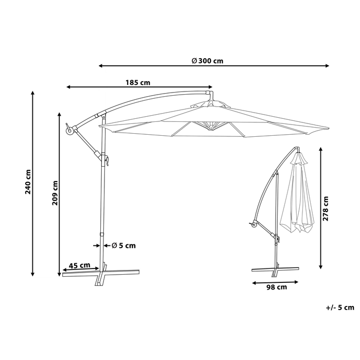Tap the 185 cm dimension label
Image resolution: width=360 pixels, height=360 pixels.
pyautogui.click(x=138, y=82)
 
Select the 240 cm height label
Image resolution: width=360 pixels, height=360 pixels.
pyautogui.click(x=28, y=182)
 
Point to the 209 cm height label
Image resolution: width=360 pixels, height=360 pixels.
pyautogui.click(x=55, y=193)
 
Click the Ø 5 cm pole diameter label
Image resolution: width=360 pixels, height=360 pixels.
pyautogui.click(x=123, y=245)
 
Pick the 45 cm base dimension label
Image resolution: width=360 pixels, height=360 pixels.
pyautogui.click(x=80, y=265)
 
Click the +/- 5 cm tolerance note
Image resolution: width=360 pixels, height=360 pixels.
pyautogui.click(x=340, y=308)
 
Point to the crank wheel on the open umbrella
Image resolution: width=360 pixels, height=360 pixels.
pyautogui.click(x=68, y=132)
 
